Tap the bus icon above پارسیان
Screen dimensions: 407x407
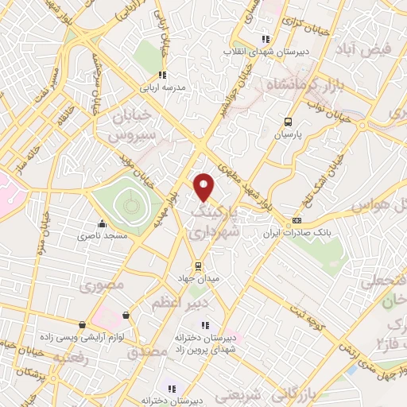click(288, 122)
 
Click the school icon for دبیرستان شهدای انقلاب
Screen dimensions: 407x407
click(266, 37)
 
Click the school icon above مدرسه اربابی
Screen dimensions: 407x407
click(163, 76)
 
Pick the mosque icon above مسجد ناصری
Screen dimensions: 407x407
click(101, 223)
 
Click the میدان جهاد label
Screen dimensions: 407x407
click(197, 279)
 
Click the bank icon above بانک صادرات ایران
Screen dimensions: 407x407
click(297, 220)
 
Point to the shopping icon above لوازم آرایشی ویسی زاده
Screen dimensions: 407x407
click(126, 316)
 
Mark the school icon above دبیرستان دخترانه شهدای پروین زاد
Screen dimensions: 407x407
click(205, 324)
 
